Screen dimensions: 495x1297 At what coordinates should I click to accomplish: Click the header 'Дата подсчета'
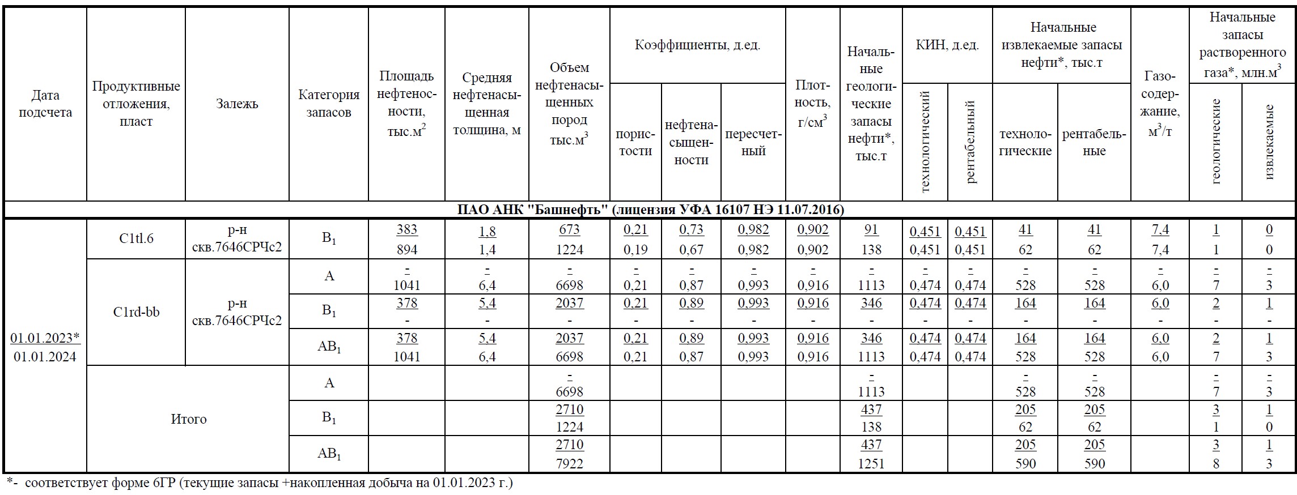(45, 104)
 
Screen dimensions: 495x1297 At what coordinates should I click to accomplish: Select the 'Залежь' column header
(237, 104)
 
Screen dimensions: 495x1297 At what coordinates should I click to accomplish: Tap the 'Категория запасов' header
(329, 104)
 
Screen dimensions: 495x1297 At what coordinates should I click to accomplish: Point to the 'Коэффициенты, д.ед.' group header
(697, 45)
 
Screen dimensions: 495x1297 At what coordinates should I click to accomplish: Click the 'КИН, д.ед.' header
(947, 45)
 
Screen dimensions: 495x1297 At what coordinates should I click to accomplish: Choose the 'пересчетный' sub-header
(753, 143)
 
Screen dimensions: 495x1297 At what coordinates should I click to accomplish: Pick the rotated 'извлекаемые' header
(1269, 142)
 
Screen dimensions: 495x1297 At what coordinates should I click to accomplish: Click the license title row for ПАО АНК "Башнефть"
(650, 210)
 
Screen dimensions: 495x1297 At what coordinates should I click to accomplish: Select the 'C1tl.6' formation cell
(136, 238)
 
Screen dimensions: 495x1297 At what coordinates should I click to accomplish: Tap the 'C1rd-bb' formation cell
(136, 311)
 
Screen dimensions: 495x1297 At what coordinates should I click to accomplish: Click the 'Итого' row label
(188, 419)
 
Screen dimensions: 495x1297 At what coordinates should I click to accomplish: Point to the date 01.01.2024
(45, 357)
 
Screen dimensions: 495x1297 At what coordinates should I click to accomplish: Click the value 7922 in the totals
(569, 463)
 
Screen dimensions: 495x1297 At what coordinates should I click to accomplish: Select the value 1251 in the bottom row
(871, 463)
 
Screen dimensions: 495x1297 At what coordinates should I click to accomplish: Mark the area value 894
(406, 250)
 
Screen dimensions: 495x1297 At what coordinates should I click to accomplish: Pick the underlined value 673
(569, 229)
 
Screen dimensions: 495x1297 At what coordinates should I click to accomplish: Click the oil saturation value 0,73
(691, 229)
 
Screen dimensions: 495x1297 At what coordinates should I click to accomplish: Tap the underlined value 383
(406, 229)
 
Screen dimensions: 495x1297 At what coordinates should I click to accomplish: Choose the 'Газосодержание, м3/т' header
(1160, 104)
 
